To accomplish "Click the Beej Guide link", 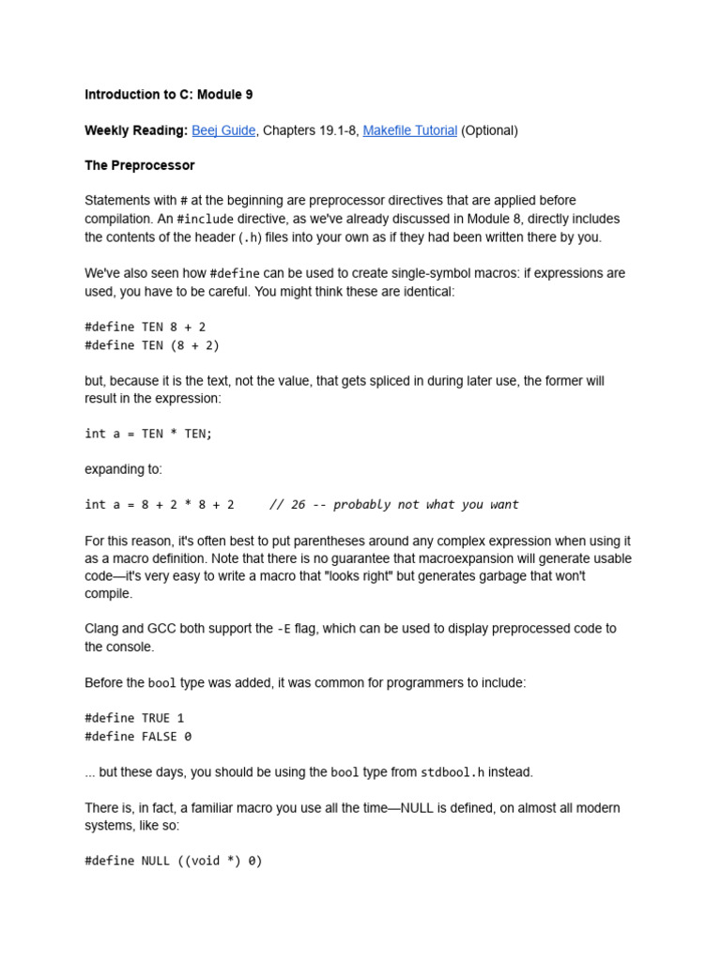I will [x=223, y=130].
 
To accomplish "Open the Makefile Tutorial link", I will [x=409, y=130].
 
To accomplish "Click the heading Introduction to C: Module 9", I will [x=168, y=95].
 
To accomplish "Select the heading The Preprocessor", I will [x=139, y=165].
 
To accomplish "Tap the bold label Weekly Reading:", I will [x=136, y=130].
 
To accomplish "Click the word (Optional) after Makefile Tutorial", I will [x=489, y=130].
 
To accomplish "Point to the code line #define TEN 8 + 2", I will [x=145, y=327].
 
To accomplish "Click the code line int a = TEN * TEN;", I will [x=148, y=434].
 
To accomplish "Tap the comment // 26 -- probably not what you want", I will [x=393, y=504].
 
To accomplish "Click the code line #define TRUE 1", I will [x=134, y=718].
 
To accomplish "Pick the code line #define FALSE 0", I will [x=138, y=737].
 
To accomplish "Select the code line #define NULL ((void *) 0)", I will [x=173, y=860].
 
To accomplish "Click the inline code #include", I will [x=205, y=219].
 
